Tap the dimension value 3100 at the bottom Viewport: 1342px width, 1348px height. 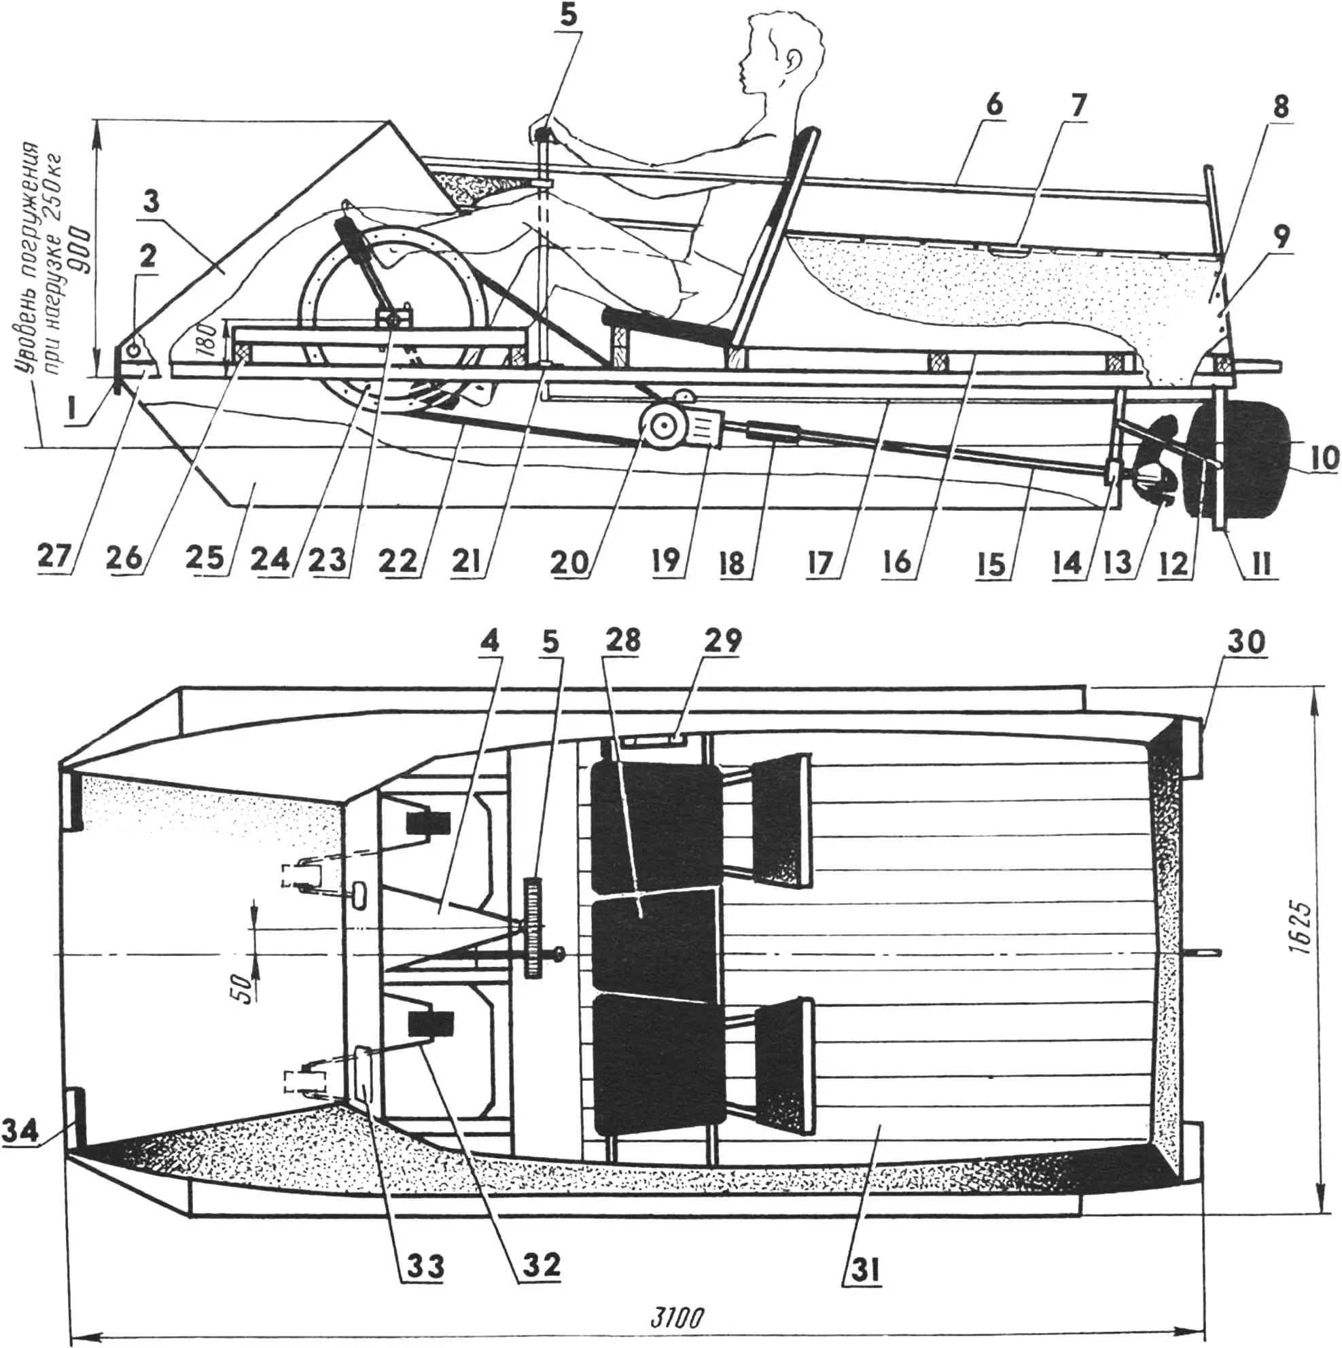[x=676, y=1317]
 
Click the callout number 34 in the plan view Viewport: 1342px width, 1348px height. [x=20, y=1130]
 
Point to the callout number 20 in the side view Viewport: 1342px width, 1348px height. [x=569, y=561]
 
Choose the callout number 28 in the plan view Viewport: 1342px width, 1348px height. [x=622, y=641]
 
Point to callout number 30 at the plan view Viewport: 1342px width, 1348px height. [x=1246, y=642]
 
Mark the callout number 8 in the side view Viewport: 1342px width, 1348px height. [x=1280, y=107]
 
